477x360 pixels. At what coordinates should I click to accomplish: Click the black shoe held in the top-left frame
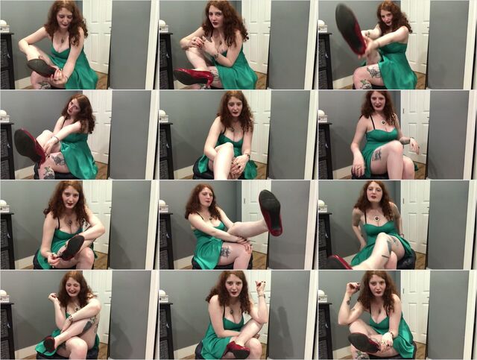point(41,67)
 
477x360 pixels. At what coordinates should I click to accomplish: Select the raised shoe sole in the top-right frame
point(350,28)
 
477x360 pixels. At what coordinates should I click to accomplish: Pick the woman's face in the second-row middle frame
point(233,113)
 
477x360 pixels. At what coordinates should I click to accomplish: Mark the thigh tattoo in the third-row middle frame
point(225,253)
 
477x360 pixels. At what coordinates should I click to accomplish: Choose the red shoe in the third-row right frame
point(339,262)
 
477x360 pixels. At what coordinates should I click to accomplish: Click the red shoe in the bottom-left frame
point(49,343)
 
